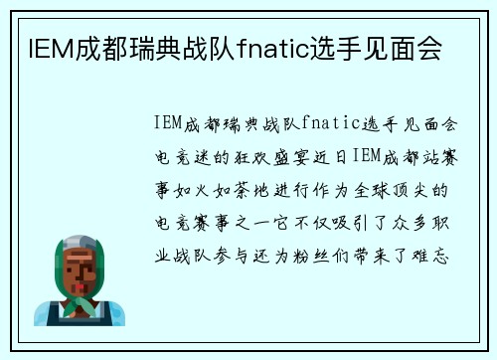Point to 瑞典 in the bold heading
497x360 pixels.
click(x=138, y=47)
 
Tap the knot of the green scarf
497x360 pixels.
click(x=81, y=303)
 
